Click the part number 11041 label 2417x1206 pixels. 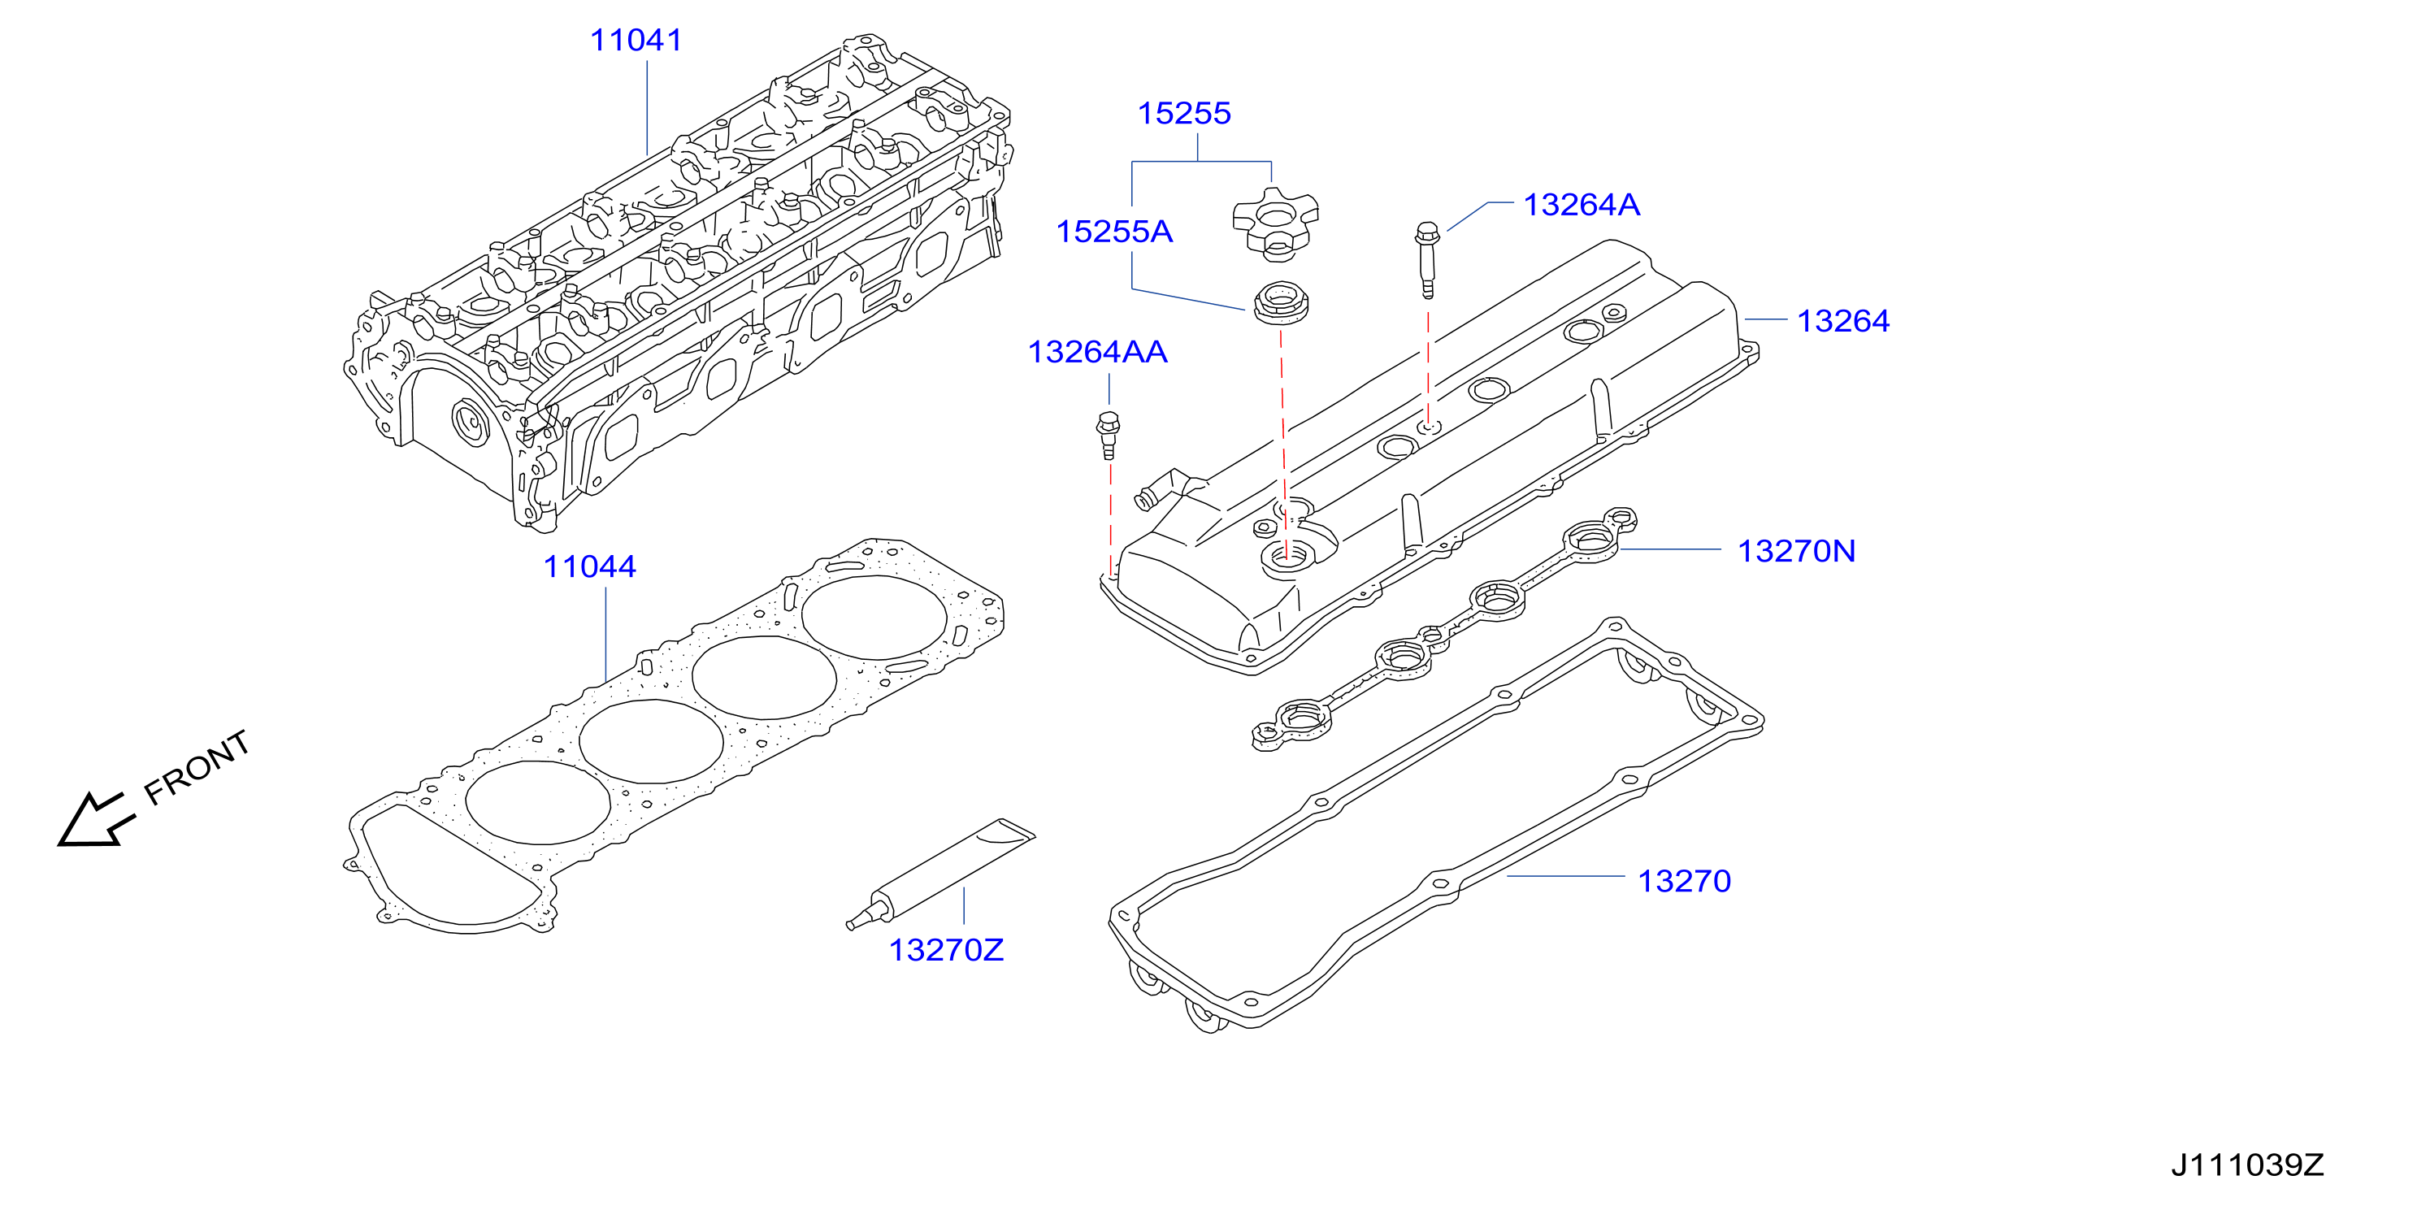(636, 41)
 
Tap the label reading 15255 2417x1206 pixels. (1184, 113)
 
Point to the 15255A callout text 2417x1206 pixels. (1115, 231)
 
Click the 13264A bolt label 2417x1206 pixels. (1582, 204)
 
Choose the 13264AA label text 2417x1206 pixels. (1098, 351)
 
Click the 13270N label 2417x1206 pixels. (1797, 550)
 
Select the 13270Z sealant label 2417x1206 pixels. (947, 950)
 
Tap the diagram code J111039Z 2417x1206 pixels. (2247, 1165)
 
